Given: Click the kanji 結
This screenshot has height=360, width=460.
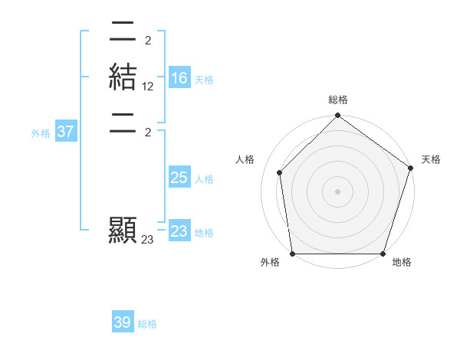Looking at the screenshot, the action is [x=123, y=78].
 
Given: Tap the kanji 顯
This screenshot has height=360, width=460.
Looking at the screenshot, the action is [x=123, y=231].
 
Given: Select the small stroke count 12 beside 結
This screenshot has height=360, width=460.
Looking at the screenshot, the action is [x=148, y=87].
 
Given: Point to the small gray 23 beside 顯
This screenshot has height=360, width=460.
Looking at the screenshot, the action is [x=148, y=240].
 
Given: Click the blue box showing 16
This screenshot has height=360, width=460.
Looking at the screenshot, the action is [x=179, y=78].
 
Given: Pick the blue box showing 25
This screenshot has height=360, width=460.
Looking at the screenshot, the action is [x=179, y=178].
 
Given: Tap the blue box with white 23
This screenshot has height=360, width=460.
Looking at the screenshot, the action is [x=179, y=231].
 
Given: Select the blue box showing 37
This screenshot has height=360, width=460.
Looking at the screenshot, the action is [x=66, y=132].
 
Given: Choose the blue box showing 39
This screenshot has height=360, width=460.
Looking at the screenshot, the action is [x=123, y=322].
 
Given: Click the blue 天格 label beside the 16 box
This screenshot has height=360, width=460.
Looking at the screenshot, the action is [x=204, y=80].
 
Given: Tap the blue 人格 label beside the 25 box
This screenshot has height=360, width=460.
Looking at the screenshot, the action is [x=204, y=179].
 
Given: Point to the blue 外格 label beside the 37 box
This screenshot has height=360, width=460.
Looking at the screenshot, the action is [x=41, y=133].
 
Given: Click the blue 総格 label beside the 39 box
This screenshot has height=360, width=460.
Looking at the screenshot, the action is [x=147, y=324].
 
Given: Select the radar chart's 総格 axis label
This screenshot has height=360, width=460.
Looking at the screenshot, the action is [x=338, y=100].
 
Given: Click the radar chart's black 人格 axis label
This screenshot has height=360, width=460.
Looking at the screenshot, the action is [x=245, y=159].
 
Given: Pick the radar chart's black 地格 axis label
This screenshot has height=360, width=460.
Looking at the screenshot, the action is [x=402, y=262].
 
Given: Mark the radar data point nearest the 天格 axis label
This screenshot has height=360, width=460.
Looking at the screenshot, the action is [x=410, y=169].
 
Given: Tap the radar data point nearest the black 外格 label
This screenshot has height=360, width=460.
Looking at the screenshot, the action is [x=293, y=254].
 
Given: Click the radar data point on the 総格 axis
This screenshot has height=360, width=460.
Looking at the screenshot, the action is [x=337, y=116].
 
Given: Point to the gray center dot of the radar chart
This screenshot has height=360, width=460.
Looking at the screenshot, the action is [x=337, y=191].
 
